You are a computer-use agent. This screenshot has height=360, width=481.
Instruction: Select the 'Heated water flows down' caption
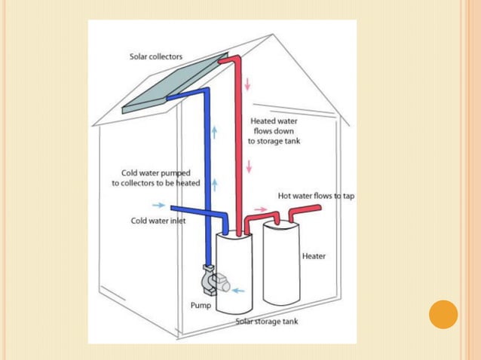tap(274, 130)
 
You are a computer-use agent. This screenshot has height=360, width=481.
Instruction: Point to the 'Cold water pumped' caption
tap(157, 178)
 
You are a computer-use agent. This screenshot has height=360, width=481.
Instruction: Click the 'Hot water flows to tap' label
tap(316, 196)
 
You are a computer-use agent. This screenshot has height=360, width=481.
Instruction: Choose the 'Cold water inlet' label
tap(158, 221)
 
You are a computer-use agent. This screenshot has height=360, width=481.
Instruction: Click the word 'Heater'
tap(314, 256)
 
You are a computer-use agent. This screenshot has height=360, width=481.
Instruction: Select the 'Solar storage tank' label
tap(267, 322)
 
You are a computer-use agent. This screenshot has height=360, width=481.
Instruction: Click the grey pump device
tap(210, 282)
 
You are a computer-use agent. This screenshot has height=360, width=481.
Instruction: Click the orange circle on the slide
tap(443, 314)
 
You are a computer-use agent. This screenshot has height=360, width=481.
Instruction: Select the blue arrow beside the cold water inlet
tap(158, 205)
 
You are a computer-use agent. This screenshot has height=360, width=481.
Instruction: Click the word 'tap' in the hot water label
tap(347, 196)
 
